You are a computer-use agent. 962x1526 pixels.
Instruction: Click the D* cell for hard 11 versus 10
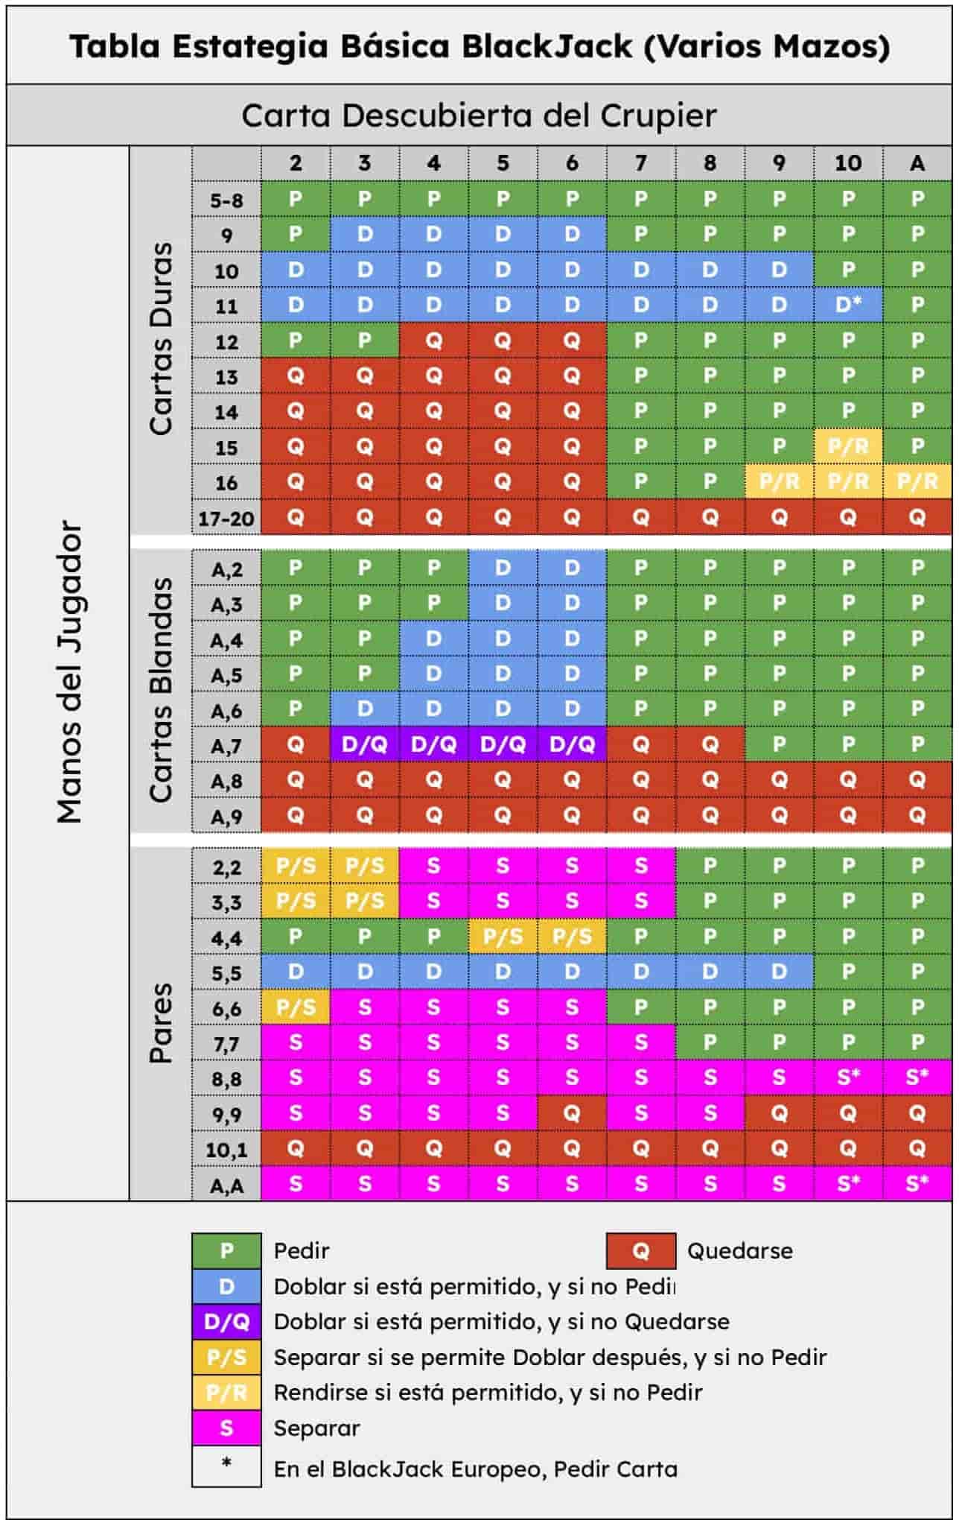click(x=848, y=305)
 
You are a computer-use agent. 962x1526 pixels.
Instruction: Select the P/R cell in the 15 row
click(x=848, y=446)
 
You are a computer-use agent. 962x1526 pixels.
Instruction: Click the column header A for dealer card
click(x=917, y=163)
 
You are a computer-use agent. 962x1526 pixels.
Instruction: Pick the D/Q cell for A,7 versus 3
click(x=364, y=744)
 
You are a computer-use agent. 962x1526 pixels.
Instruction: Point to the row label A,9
click(x=226, y=817)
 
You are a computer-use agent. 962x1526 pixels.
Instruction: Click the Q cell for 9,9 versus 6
click(x=572, y=1113)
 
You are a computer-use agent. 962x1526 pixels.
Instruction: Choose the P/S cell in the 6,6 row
click(x=296, y=1007)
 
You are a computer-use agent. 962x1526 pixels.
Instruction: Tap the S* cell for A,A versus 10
click(x=848, y=1184)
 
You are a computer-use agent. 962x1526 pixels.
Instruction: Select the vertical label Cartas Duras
click(x=161, y=339)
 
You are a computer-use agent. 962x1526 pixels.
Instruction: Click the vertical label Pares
click(x=161, y=1022)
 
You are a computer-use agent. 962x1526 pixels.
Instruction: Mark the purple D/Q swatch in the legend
click(x=226, y=1322)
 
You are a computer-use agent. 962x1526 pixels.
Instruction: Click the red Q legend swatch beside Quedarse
click(x=640, y=1251)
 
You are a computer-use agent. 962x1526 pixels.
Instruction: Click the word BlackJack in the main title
click(x=547, y=46)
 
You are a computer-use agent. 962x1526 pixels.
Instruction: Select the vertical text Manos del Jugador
click(x=69, y=671)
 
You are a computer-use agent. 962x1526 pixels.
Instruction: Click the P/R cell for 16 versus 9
click(x=779, y=482)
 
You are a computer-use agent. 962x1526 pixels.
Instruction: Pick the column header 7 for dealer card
click(x=640, y=163)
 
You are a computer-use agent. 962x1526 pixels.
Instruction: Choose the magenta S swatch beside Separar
click(x=226, y=1428)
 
